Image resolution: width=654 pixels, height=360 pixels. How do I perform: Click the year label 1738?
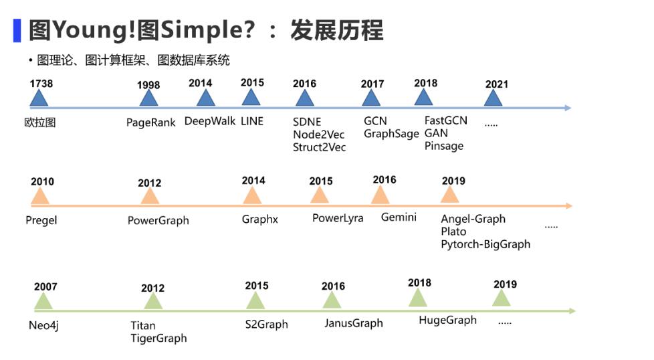(x=41, y=84)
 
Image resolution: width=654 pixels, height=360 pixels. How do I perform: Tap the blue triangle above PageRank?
(x=148, y=98)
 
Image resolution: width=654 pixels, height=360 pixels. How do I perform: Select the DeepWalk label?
(x=210, y=121)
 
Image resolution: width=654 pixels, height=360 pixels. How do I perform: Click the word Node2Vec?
(x=319, y=134)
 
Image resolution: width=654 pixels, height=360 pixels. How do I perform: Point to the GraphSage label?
(x=391, y=134)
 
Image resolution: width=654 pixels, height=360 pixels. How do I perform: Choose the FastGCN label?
(x=446, y=120)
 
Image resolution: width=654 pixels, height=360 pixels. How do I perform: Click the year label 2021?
(x=497, y=84)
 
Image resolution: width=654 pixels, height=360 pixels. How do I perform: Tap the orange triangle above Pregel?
(x=40, y=195)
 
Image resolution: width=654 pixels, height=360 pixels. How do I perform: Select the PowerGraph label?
(x=158, y=221)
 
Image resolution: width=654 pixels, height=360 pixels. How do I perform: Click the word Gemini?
(x=399, y=217)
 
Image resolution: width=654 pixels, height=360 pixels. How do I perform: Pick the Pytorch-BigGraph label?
(x=485, y=244)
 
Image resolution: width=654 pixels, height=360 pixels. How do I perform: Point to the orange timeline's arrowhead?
(x=568, y=205)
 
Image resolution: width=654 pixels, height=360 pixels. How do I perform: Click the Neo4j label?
(x=43, y=325)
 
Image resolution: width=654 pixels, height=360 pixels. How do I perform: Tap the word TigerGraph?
(x=158, y=339)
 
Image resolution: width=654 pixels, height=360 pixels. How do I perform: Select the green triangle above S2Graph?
(x=255, y=300)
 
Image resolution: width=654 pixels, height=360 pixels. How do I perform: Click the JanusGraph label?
(x=354, y=323)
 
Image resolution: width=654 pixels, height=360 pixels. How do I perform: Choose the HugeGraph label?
(x=447, y=321)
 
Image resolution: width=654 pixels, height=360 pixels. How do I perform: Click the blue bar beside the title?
(x=17, y=31)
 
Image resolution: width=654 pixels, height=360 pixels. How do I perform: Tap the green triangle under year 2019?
(x=502, y=298)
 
